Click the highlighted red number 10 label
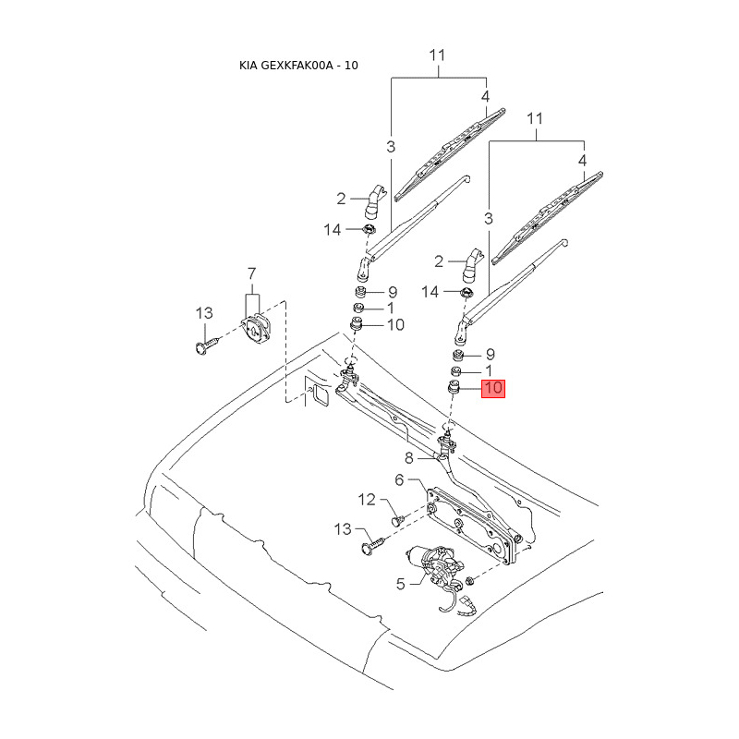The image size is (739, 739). point(493,388)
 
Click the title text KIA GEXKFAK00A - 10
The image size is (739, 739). point(298,67)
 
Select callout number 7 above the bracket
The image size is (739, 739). point(250,273)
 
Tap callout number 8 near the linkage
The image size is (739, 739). point(409,458)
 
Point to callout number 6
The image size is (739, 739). point(400,479)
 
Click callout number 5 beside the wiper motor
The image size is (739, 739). point(401,583)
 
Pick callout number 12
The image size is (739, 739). point(368,500)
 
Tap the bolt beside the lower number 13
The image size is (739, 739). point(370,546)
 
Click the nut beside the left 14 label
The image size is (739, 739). point(368,230)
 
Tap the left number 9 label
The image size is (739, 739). point(392,292)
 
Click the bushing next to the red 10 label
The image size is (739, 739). point(454,388)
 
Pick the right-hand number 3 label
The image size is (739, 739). point(489,218)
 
